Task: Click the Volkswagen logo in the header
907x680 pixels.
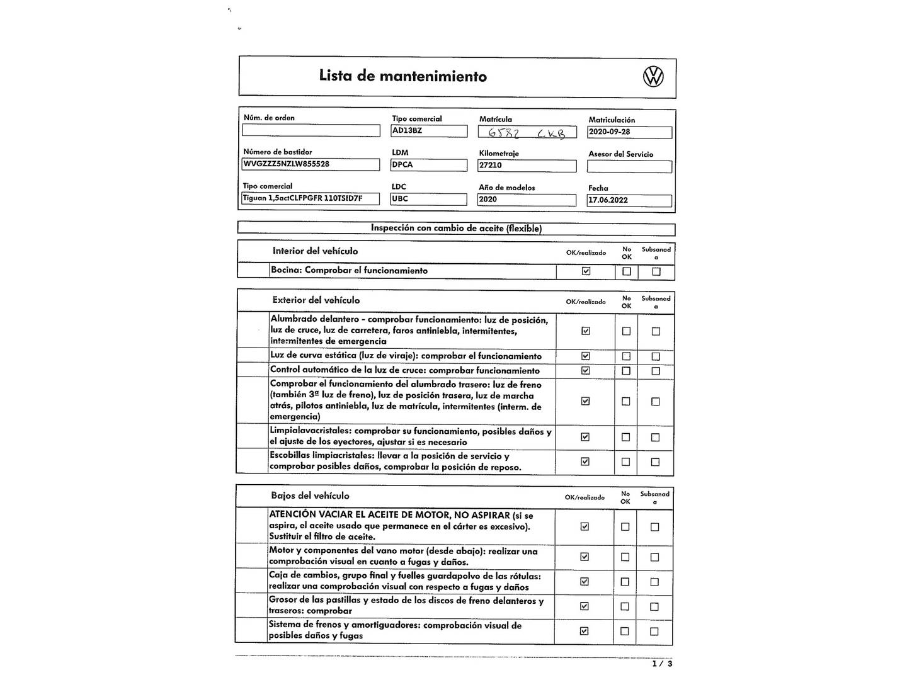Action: pos(653,77)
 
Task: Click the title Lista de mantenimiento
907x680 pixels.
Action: pos(402,76)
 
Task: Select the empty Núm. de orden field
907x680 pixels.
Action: pos(311,130)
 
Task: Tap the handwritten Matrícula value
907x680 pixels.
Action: pos(527,133)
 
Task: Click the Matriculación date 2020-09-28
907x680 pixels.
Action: pos(629,132)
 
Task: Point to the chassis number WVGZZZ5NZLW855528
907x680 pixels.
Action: pos(311,164)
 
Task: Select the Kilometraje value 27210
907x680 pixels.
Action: pos(527,166)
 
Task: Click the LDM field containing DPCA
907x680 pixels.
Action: pos(429,165)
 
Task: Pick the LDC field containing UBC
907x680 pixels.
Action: pos(428,199)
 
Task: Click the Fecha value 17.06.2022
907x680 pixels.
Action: pos(629,200)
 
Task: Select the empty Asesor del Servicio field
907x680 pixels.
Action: pos(629,166)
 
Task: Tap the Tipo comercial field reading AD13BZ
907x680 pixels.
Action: pos(429,131)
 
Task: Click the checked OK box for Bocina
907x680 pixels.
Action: pos(586,271)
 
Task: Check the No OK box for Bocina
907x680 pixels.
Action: pos(626,271)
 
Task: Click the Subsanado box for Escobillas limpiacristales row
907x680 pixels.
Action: pos(655,462)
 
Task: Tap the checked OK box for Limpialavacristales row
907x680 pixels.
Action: pos(585,437)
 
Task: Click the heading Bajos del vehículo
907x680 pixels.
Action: pos(310,496)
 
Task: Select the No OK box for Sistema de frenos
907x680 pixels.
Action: pos(625,632)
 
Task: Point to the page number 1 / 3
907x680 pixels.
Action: pos(662,664)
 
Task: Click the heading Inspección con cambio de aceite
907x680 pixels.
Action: pos(456,229)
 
